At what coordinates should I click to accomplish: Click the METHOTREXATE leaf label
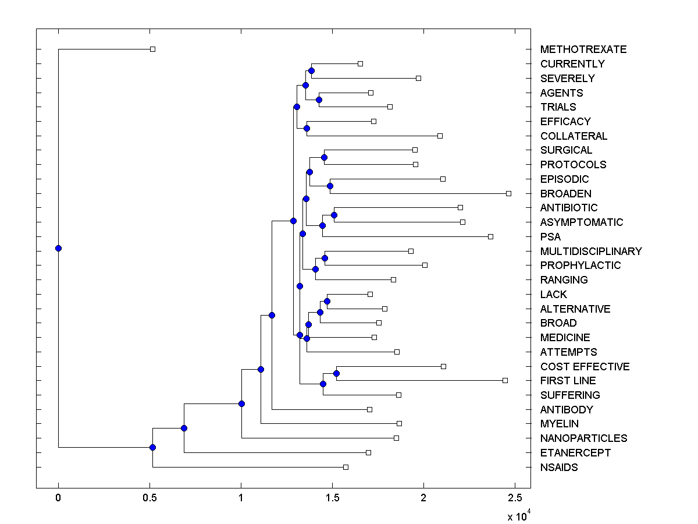(583, 49)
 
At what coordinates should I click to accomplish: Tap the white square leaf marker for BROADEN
(508, 193)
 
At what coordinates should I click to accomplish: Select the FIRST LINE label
(568, 381)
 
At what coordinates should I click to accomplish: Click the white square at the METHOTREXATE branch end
(152, 49)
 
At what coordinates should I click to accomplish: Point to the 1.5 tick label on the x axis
(332, 498)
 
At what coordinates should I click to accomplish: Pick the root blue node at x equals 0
(58, 249)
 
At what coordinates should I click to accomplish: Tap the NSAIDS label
(558, 467)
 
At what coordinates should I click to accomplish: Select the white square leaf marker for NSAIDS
(346, 467)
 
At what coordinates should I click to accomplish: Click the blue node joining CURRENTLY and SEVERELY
(312, 71)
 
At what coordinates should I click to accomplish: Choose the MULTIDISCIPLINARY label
(590, 251)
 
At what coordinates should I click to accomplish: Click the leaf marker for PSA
(490, 236)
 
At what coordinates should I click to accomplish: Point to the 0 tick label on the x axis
(58, 498)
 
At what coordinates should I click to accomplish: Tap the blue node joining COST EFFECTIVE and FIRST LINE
(336, 373)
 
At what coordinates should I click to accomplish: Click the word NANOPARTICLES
(583, 438)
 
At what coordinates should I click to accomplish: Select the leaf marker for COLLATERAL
(440, 136)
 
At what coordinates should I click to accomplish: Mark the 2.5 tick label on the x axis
(515, 498)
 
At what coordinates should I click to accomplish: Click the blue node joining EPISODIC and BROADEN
(330, 186)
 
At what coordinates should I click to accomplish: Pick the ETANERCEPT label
(575, 453)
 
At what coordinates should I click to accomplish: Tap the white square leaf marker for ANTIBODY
(369, 409)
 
